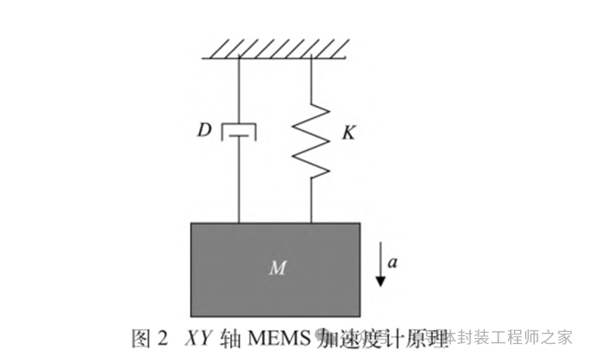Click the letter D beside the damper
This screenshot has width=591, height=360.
tap(204, 131)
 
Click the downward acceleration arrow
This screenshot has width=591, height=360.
tap(381, 265)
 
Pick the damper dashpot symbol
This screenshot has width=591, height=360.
tap(238, 133)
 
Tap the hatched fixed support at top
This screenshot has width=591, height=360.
tap(274, 50)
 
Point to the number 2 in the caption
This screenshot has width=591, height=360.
tap(162, 337)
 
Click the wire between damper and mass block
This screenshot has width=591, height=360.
tap(238, 182)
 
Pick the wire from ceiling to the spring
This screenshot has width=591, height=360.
tap(312, 79)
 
